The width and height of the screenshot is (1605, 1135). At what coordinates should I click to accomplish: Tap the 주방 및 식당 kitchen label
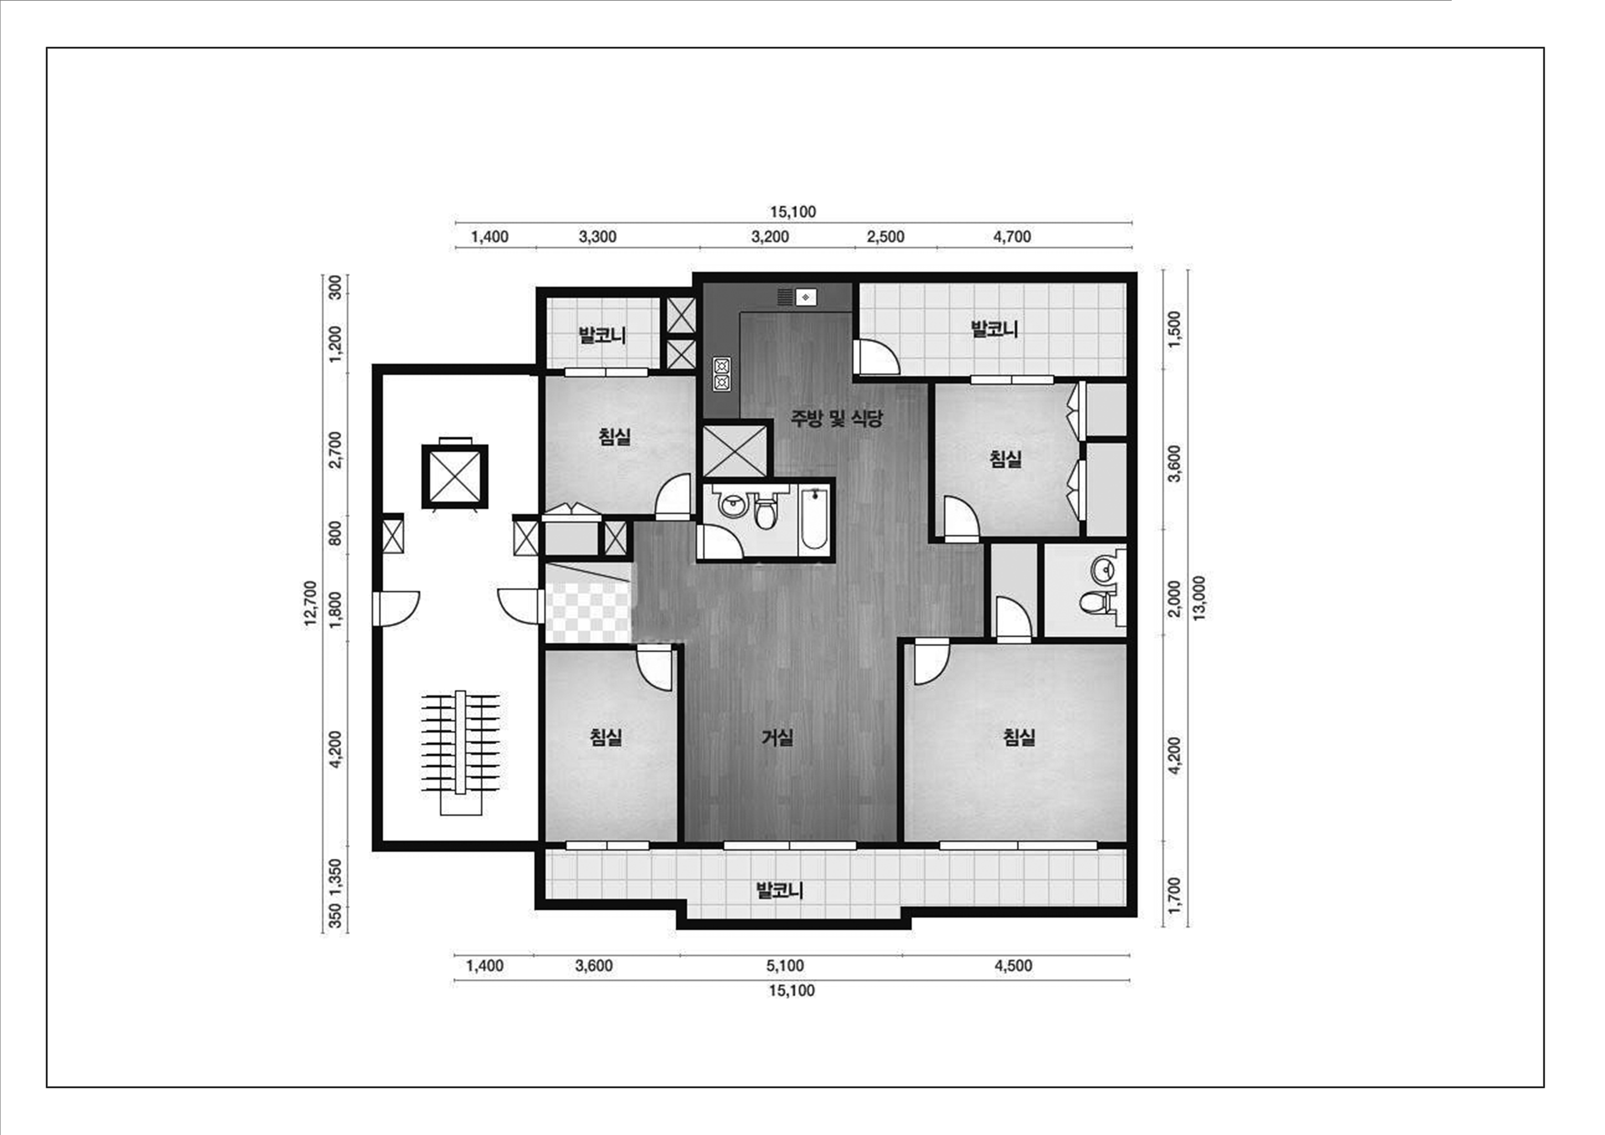coord(837,418)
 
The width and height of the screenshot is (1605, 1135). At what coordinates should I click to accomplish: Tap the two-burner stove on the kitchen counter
coord(721,373)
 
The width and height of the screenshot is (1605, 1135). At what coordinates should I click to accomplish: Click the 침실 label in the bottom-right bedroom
coord(1019,737)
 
